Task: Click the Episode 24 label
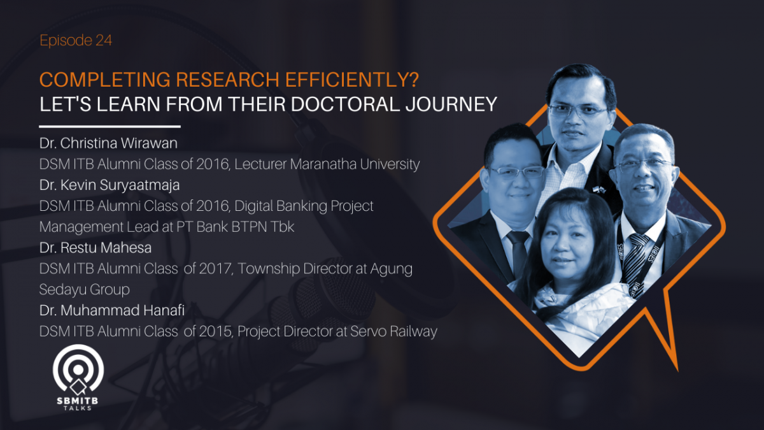click(x=76, y=41)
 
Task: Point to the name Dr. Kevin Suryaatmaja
click(x=110, y=185)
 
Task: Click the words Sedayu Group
click(x=85, y=289)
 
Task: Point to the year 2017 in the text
click(x=215, y=269)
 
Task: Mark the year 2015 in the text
click(x=215, y=331)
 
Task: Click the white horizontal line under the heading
click(x=110, y=127)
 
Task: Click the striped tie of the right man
click(x=637, y=255)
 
